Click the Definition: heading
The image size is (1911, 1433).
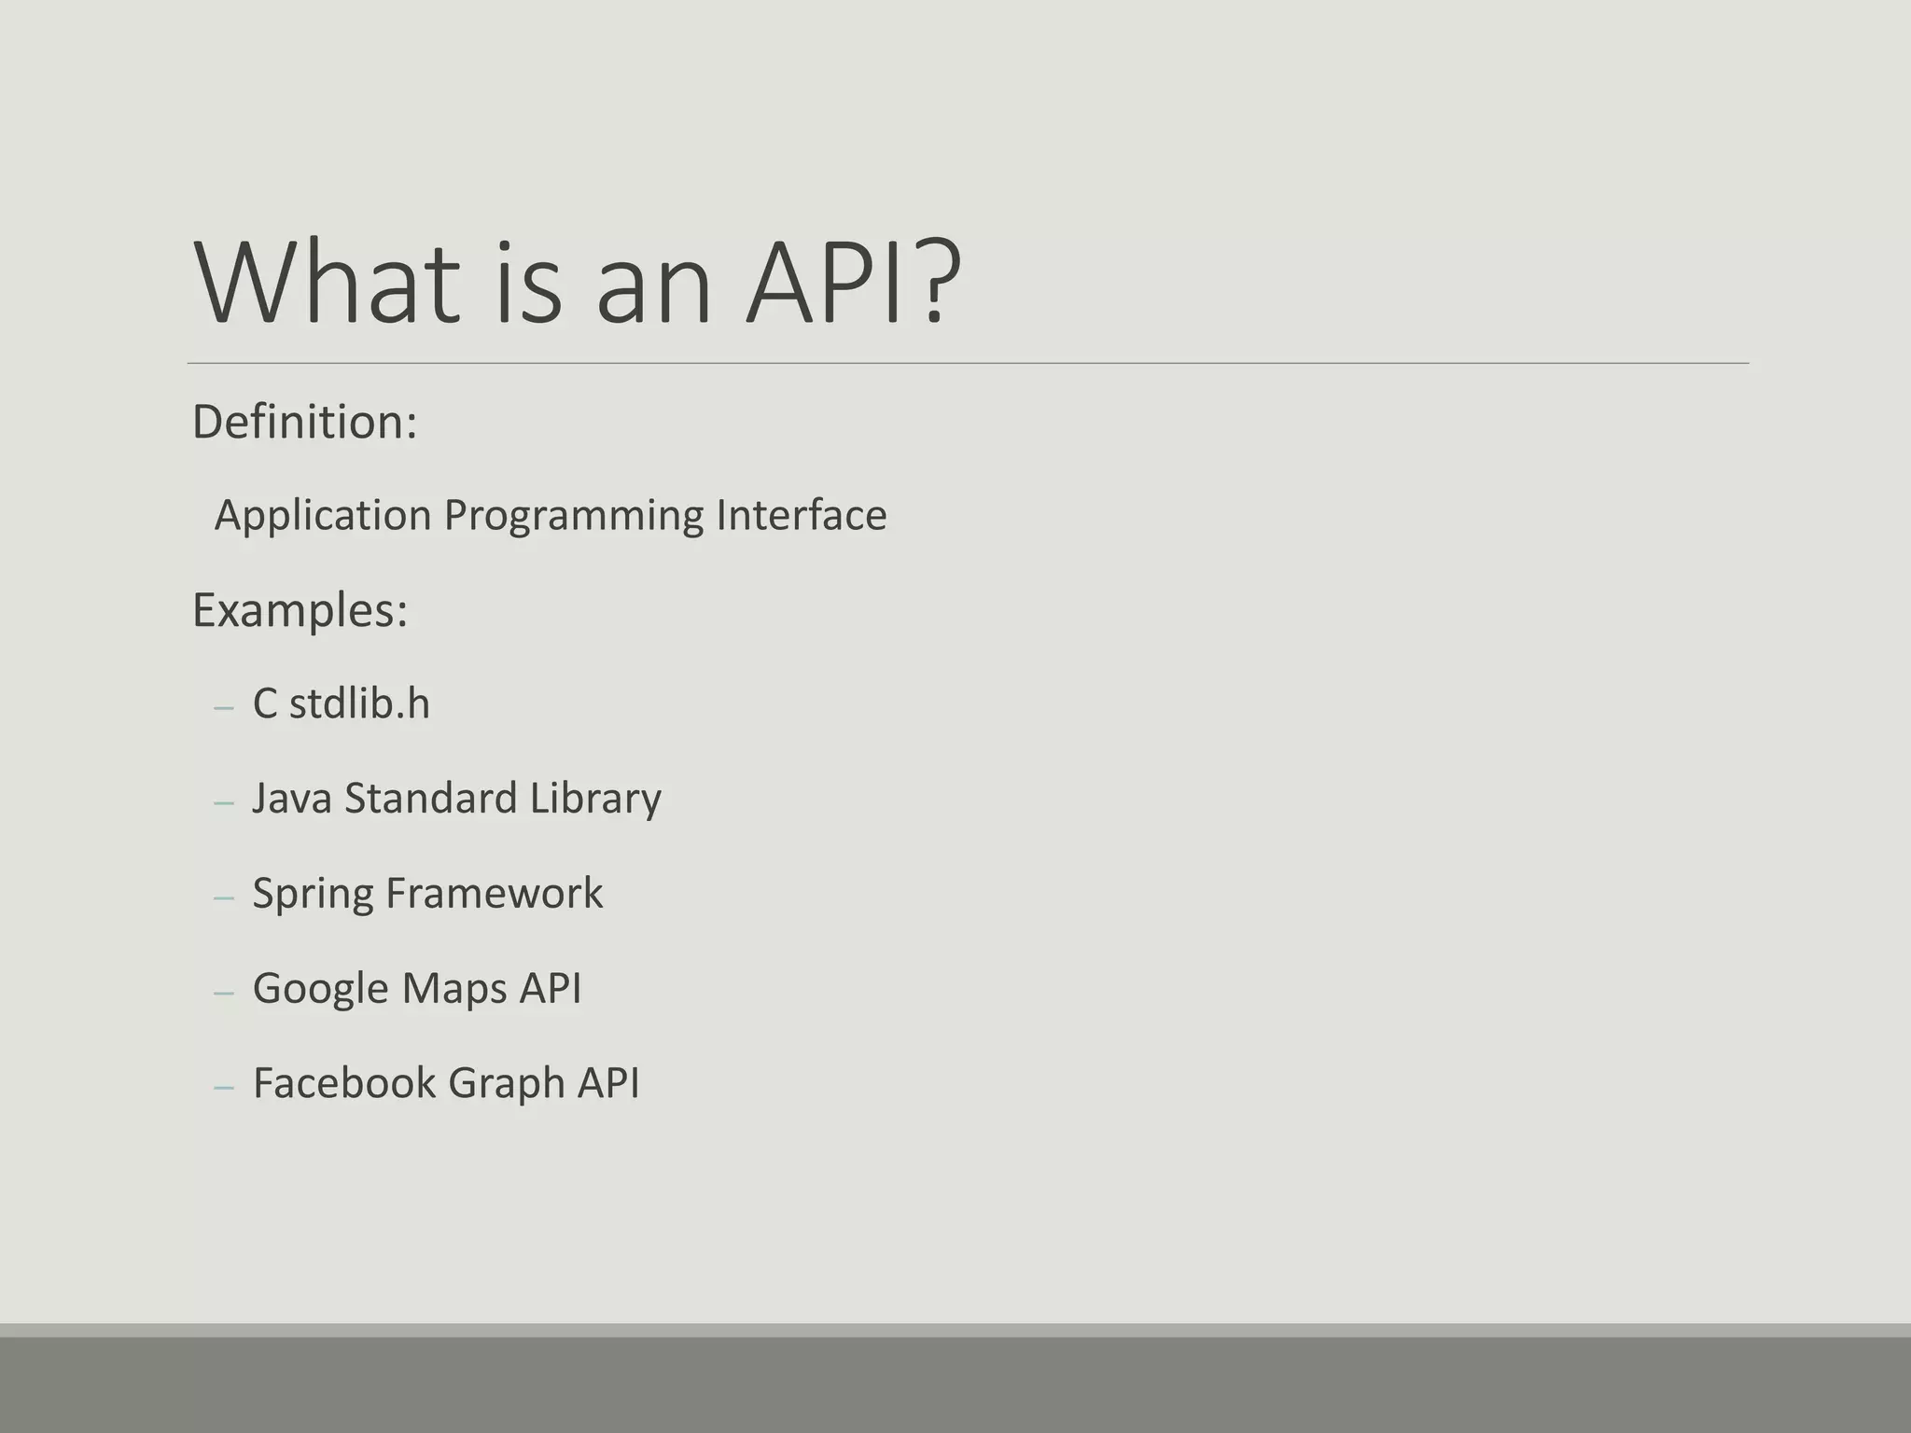pyautogui.click(x=304, y=423)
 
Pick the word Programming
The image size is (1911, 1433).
pyautogui.click(x=573, y=516)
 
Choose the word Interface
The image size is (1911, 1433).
pyautogui.click(x=802, y=515)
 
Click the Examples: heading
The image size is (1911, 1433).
pyautogui.click(x=300, y=611)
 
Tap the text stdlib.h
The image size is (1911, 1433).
pyautogui.click(x=359, y=703)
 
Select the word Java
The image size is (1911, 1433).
pyautogui.click(x=292, y=799)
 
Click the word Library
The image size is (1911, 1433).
pyautogui.click(x=595, y=799)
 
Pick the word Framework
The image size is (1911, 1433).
pyautogui.click(x=494, y=894)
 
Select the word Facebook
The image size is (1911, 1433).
pyautogui.click(x=343, y=1083)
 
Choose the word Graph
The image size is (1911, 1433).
pyautogui.click(x=506, y=1085)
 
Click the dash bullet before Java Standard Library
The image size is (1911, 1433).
pyautogui.click(x=223, y=802)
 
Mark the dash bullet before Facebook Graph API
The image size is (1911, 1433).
pyautogui.click(x=223, y=1087)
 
